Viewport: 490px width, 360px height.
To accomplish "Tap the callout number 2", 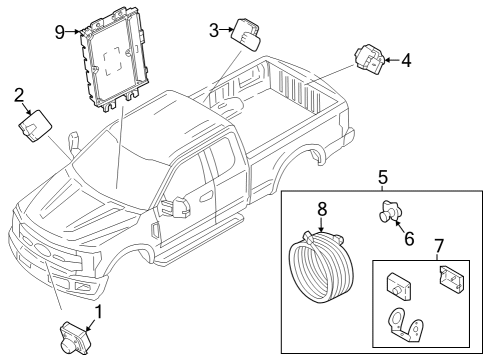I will [x=19, y=95].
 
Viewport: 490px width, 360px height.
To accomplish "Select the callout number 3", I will [x=214, y=30].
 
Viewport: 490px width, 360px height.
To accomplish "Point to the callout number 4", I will [x=405, y=61].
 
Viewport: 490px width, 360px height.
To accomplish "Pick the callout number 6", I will [x=408, y=238].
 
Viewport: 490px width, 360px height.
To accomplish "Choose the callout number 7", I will [x=438, y=245].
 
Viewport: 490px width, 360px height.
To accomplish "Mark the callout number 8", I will [x=322, y=210].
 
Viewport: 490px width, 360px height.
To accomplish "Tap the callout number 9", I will [x=59, y=31].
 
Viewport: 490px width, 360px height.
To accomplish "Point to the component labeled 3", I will [x=246, y=34].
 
